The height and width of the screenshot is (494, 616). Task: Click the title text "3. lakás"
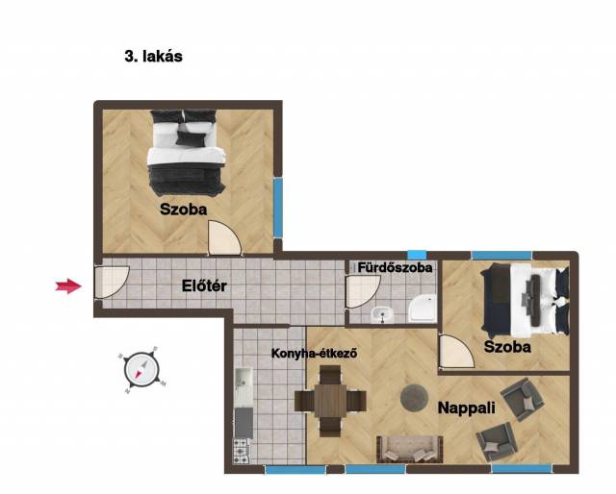(154, 56)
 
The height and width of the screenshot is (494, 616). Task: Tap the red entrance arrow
(68, 286)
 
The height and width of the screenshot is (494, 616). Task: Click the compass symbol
(142, 370)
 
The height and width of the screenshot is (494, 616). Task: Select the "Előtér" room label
(204, 285)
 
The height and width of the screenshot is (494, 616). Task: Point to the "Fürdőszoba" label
(395, 267)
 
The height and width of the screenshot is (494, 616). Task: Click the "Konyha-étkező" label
(315, 353)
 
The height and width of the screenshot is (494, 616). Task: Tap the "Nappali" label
(466, 408)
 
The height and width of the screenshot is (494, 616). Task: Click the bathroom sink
(382, 314)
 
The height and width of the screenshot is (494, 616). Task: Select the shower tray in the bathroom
(423, 309)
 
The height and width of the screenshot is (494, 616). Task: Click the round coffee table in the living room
(414, 398)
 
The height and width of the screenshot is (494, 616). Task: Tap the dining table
(330, 401)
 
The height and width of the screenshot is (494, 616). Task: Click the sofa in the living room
(410, 449)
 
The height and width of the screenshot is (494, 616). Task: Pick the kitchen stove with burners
(242, 451)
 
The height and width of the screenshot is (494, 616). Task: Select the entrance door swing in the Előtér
(112, 283)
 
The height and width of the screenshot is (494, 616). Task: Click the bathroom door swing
(362, 291)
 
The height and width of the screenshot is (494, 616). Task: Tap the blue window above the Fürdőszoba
(417, 255)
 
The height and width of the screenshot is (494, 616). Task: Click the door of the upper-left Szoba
(224, 238)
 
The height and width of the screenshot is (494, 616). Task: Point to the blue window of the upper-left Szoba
(278, 208)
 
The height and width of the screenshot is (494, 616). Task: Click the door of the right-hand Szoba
(456, 352)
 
